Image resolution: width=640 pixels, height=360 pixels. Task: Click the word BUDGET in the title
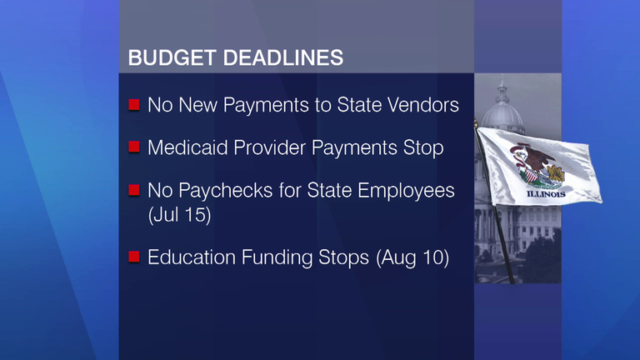pos(172,57)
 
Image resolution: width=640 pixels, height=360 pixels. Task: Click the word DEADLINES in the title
pos(283,57)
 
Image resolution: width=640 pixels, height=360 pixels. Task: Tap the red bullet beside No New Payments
pos(134,105)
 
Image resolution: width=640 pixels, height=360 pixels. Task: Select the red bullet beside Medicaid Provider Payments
pos(134,147)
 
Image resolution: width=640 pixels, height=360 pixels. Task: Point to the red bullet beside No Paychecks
pos(134,190)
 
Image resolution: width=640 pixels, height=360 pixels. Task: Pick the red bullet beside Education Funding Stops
pos(134,257)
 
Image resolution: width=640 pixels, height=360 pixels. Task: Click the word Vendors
pos(422,105)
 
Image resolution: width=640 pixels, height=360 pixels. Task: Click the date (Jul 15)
pos(180,215)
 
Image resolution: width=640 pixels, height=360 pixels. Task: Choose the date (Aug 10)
pos(412,258)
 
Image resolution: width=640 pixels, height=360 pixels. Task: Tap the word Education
pos(192,257)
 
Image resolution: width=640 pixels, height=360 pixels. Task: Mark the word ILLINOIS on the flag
pos(546,194)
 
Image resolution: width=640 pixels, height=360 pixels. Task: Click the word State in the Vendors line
pos(359,105)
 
